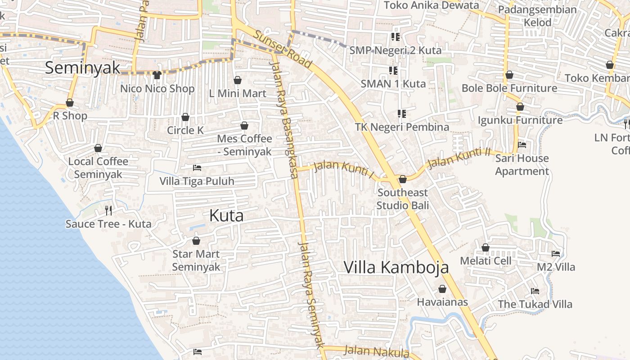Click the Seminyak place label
click(83, 68)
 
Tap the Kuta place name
click(226, 216)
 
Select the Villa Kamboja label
click(396, 267)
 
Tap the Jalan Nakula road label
click(377, 351)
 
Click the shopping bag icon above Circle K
click(185, 117)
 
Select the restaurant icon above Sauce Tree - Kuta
click(108, 210)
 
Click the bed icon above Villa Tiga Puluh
click(197, 168)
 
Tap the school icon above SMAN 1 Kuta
click(393, 70)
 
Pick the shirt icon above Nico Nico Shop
click(157, 75)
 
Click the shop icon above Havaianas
click(442, 289)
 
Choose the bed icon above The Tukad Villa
click(535, 291)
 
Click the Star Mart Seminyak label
click(196, 261)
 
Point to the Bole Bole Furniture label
click(509, 88)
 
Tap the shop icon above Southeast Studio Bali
click(403, 179)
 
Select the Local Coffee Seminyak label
click(98, 168)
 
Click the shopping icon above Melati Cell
click(486, 247)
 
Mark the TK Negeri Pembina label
click(402, 127)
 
